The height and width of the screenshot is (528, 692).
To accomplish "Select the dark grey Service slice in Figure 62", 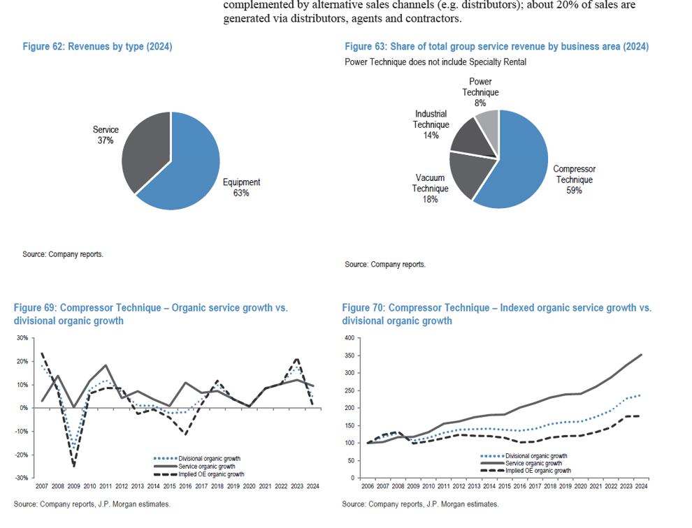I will pyautogui.click(x=143, y=150).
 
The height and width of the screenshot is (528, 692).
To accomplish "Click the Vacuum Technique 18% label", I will pyautogui.click(x=430, y=189).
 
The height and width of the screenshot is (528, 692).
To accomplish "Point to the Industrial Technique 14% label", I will pyautogui.click(x=431, y=124).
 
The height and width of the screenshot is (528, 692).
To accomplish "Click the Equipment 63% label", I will pyautogui.click(x=241, y=187).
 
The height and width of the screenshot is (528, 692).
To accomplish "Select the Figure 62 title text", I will pyautogui.click(x=97, y=47).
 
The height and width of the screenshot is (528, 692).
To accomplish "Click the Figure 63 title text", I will pyautogui.click(x=496, y=47).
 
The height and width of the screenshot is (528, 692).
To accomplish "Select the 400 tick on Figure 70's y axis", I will pyautogui.click(x=350, y=338).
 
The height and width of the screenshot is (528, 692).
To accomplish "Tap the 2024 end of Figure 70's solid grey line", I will pyautogui.click(x=642, y=355).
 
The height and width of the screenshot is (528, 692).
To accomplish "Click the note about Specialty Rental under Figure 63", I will pyautogui.click(x=435, y=61).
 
